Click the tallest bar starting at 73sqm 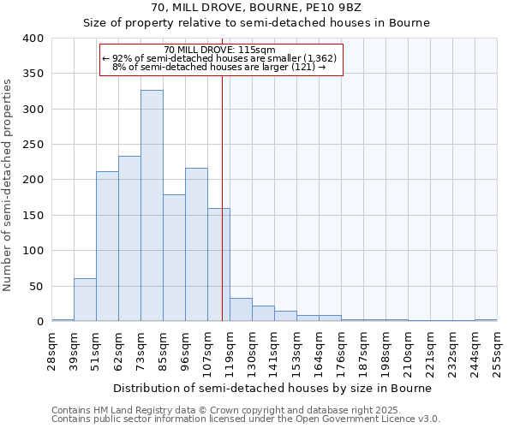(152, 205)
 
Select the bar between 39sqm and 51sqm (85, 300)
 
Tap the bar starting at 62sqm (129, 239)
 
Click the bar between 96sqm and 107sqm (196, 245)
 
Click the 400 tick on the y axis (33, 39)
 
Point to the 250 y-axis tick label (33, 145)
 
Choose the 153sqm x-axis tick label (297, 352)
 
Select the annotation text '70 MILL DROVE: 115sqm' (219, 51)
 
